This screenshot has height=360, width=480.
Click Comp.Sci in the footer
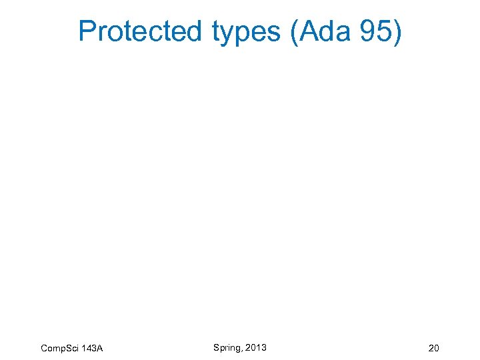point(60,349)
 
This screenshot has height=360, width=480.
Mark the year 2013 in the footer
point(255,347)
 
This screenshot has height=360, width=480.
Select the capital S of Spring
point(216,347)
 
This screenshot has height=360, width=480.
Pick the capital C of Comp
point(44,349)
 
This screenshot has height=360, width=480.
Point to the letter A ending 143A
point(99,349)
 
